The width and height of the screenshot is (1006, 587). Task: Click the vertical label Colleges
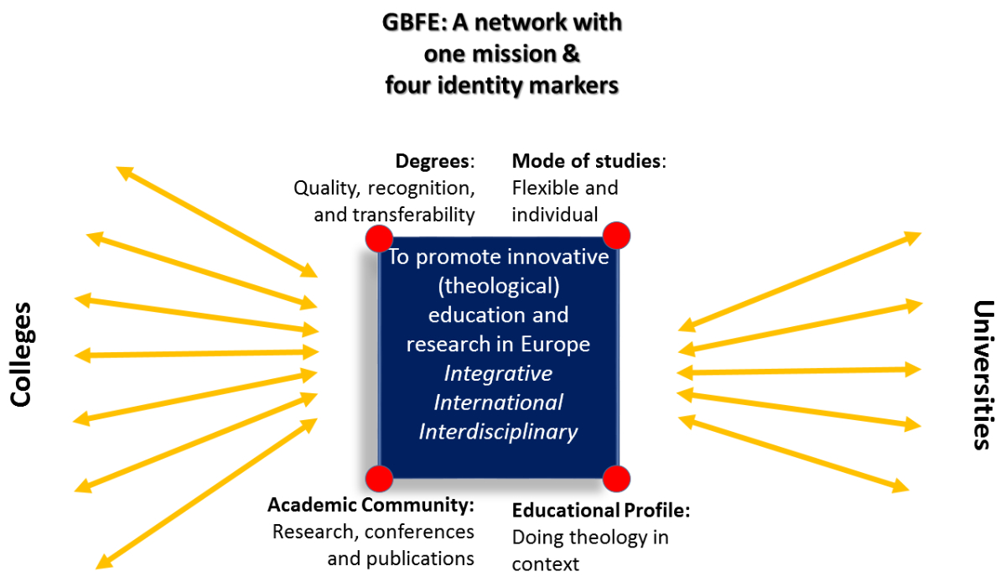pos(21,355)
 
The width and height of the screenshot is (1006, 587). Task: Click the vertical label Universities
pos(983,375)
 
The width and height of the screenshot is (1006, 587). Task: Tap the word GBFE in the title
pos(414,23)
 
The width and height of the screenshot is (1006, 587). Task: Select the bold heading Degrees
pos(433,161)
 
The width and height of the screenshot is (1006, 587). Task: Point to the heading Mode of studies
pos(587,161)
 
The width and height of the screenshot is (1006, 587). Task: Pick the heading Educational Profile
pos(599,511)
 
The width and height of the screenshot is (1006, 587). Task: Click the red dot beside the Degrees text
pos(379,238)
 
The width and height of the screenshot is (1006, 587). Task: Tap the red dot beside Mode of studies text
pos(616,236)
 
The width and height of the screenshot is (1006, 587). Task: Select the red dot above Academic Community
pos(379,478)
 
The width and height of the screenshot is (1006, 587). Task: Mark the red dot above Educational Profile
pos(616,478)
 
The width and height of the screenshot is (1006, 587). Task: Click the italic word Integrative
pos(498,374)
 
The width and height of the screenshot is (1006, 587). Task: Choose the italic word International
pos(498,403)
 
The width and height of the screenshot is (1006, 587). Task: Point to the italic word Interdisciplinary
pos(498,432)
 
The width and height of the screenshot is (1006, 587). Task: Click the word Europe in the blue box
pos(555,345)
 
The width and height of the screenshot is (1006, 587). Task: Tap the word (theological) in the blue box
pos(499,286)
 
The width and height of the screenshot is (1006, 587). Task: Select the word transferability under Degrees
pos(413,215)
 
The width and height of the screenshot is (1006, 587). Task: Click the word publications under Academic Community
pos(420,559)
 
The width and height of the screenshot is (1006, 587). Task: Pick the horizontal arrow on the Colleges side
pos(196,354)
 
